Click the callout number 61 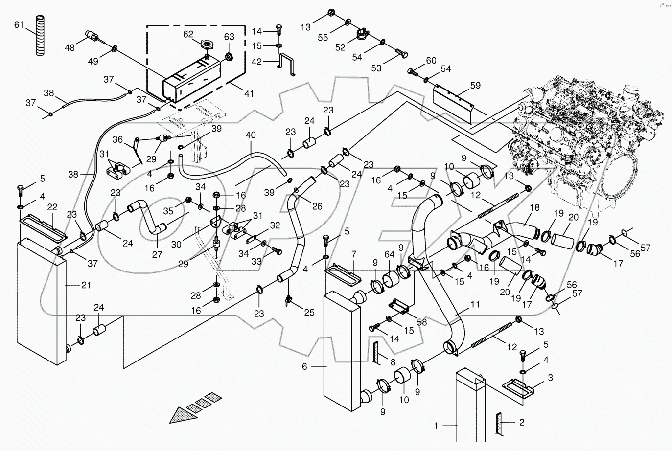[19, 24]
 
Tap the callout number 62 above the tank [188, 34]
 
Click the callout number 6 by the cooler [304, 367]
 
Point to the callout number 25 [309, 312]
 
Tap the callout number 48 [70, 47]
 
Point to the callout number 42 [271, 62]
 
